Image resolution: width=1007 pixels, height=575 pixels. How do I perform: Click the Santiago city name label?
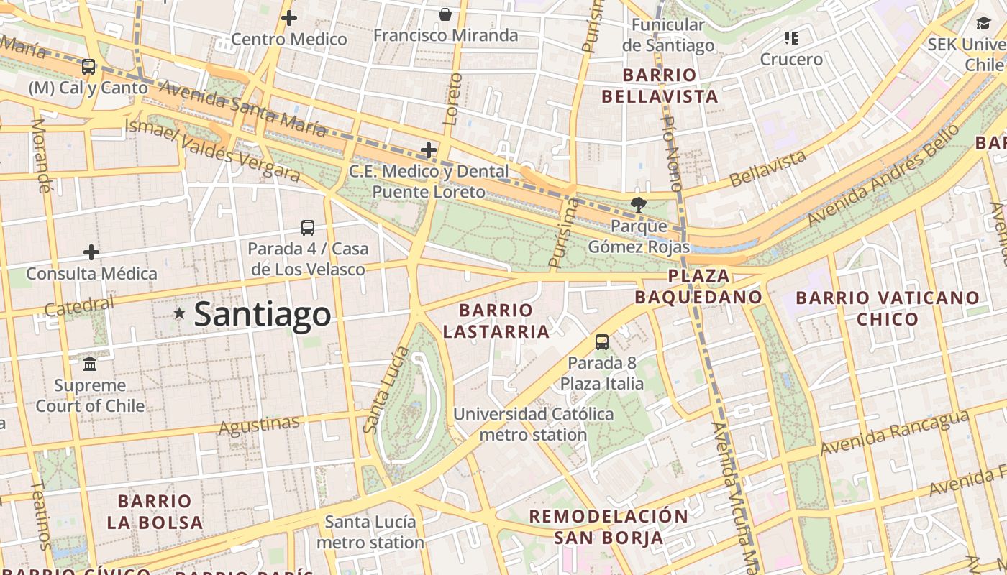[263, 315]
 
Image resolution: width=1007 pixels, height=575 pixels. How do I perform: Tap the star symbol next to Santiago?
[179, 313]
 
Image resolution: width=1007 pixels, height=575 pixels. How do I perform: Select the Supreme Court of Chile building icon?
[90, 364]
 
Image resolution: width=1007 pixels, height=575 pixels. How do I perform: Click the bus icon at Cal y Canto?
[88, 67]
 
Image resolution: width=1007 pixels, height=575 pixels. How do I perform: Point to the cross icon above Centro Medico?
[289, 18]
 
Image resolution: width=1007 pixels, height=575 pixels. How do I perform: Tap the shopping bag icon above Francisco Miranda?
[445, 14]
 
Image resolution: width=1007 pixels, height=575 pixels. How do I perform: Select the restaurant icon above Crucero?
[791, 38]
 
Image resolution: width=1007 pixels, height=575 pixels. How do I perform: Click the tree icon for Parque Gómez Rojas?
[637, 205]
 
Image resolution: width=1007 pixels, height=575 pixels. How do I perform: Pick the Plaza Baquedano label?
[698, 286]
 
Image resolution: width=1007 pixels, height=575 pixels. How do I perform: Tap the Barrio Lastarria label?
[496, 321]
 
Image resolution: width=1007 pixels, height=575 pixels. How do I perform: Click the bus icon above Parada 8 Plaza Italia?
[602, 342]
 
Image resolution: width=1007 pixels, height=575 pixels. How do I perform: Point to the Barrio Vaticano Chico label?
[888, 308]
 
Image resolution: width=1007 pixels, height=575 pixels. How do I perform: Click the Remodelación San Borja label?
[609, 526]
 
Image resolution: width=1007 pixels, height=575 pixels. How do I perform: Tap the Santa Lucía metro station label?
[370, 532]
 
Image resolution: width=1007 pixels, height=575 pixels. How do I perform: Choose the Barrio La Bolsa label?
[155, 511]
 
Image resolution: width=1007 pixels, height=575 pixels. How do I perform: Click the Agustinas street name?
[258, 425]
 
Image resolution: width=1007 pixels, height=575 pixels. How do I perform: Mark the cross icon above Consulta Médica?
[91, 252]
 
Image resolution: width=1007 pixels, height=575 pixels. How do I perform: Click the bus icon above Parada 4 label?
[308, 228]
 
